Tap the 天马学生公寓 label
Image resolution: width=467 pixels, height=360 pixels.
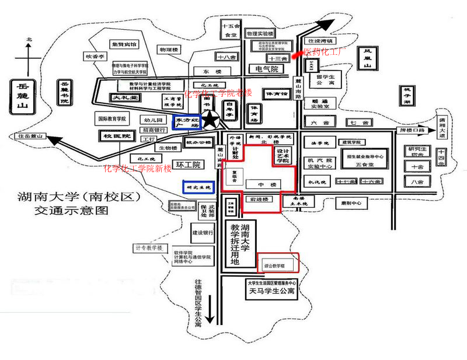click(271, 291)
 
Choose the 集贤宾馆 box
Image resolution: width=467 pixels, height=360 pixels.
click(124, 44)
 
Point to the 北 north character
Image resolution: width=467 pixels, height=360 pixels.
click(28, 40)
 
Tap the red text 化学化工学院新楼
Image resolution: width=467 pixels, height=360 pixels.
click(138, 169)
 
